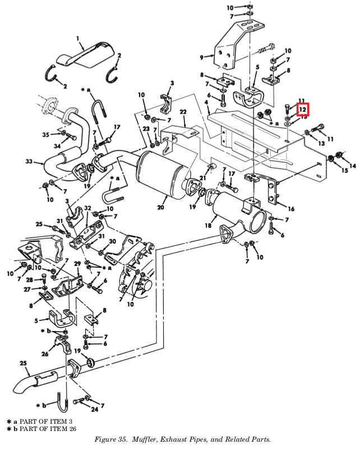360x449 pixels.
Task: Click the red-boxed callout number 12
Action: point(302,109)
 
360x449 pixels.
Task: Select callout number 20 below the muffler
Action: point(161,208)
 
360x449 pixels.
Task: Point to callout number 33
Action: point(29,162)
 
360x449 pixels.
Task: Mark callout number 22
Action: point(183,112)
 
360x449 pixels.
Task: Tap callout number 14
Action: point(352,165)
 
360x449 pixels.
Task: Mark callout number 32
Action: point(87,208)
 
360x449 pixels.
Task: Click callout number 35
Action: point(46,134)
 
